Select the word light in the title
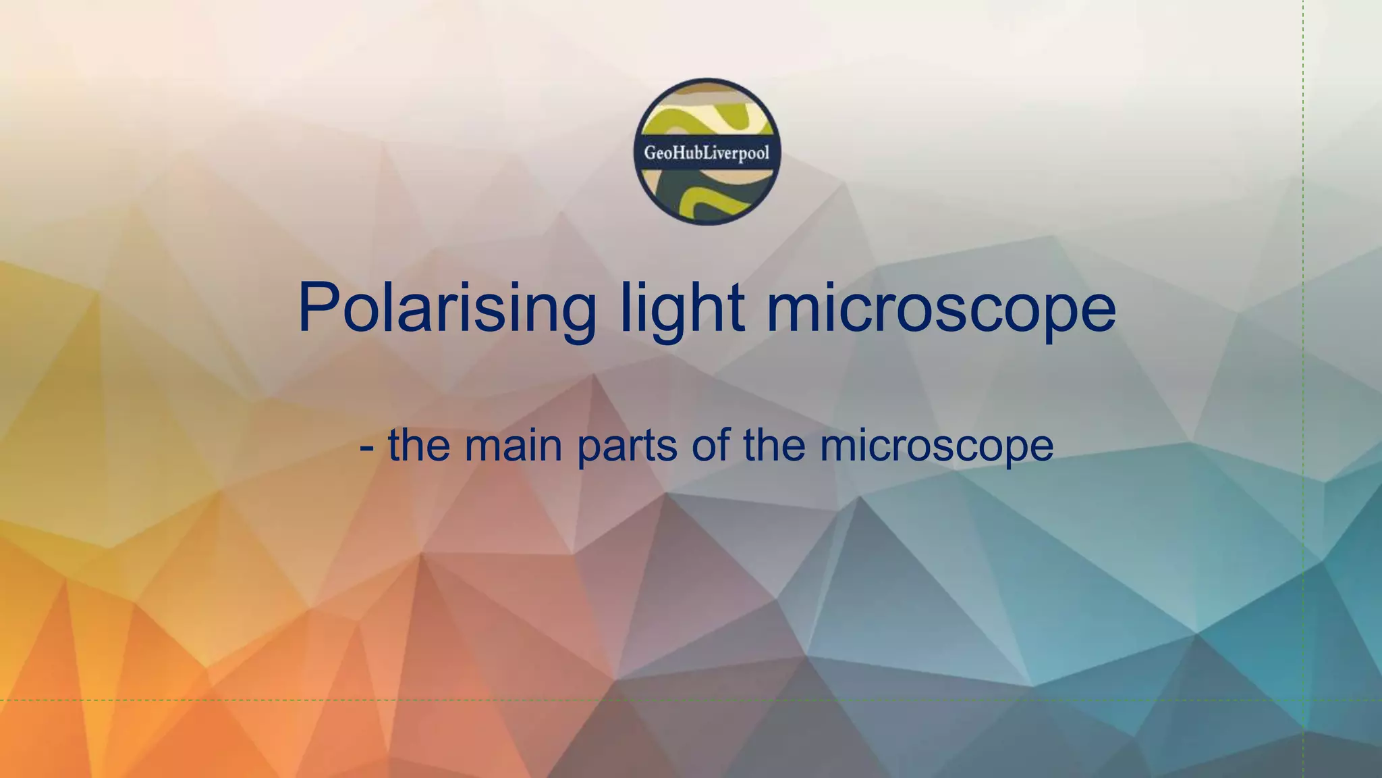click(682, 308)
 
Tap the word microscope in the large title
click(941, 308)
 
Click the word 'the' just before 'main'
click(418, 446)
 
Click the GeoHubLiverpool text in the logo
click(707, 153)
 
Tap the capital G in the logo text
click(649, 153)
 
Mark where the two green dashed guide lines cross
click(1303, 700)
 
